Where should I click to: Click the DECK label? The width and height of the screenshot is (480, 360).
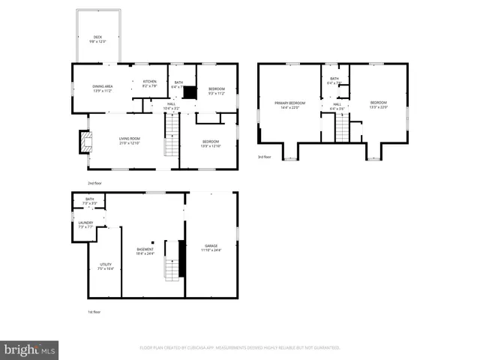click(x=97, y=38)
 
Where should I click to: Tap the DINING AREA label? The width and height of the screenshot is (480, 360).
click(x=102, y=88)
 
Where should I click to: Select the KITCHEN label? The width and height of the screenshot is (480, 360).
click(x=149, y=83)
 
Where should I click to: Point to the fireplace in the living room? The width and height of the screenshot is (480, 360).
click(x=85, y=142)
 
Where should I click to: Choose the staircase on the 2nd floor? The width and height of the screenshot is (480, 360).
click(x=172, y=142)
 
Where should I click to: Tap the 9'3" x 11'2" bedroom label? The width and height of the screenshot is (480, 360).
click(x=216, y=91)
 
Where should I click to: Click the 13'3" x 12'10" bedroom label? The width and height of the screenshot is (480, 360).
click(x=211, y=144)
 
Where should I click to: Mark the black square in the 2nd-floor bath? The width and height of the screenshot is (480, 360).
click(x=190, y=93)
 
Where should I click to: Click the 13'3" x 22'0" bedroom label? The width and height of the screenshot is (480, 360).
click(x=378, y=104)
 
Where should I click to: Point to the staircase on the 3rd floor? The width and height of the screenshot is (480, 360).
click(x=342, y=128)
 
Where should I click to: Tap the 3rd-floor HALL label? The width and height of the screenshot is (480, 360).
click(x=337, y=106)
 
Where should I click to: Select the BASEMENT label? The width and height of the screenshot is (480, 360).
click(x=145, y=251)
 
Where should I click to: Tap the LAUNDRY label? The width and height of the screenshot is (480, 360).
click(x=85, y=224)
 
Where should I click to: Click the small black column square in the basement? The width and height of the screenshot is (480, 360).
click(x=153, y=242)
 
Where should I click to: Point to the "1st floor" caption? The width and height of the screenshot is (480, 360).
click(x=94, y=311)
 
